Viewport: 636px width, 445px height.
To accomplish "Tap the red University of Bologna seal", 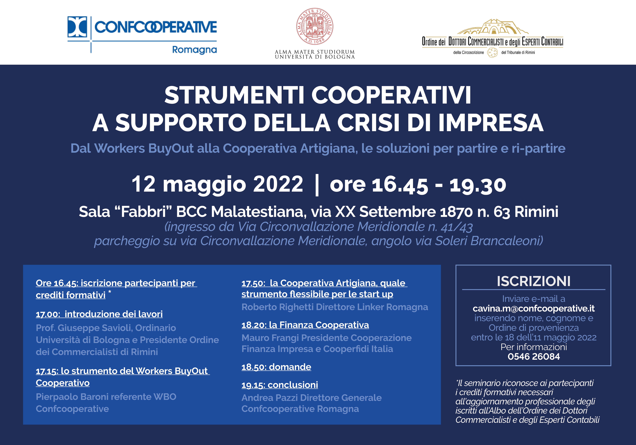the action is pos(315,26).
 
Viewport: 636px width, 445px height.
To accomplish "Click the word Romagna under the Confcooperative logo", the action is pos(194,50).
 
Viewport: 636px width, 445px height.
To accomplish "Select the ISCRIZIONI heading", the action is pos(534,281).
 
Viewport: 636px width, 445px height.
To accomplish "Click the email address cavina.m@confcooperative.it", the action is pos(534,308).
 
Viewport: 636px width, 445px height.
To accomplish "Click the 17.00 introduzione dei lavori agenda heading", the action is pos(99,314).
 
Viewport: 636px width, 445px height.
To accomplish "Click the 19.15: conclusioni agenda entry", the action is pos(280,385).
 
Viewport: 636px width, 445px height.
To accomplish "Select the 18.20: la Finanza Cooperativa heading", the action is pos(305,325).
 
